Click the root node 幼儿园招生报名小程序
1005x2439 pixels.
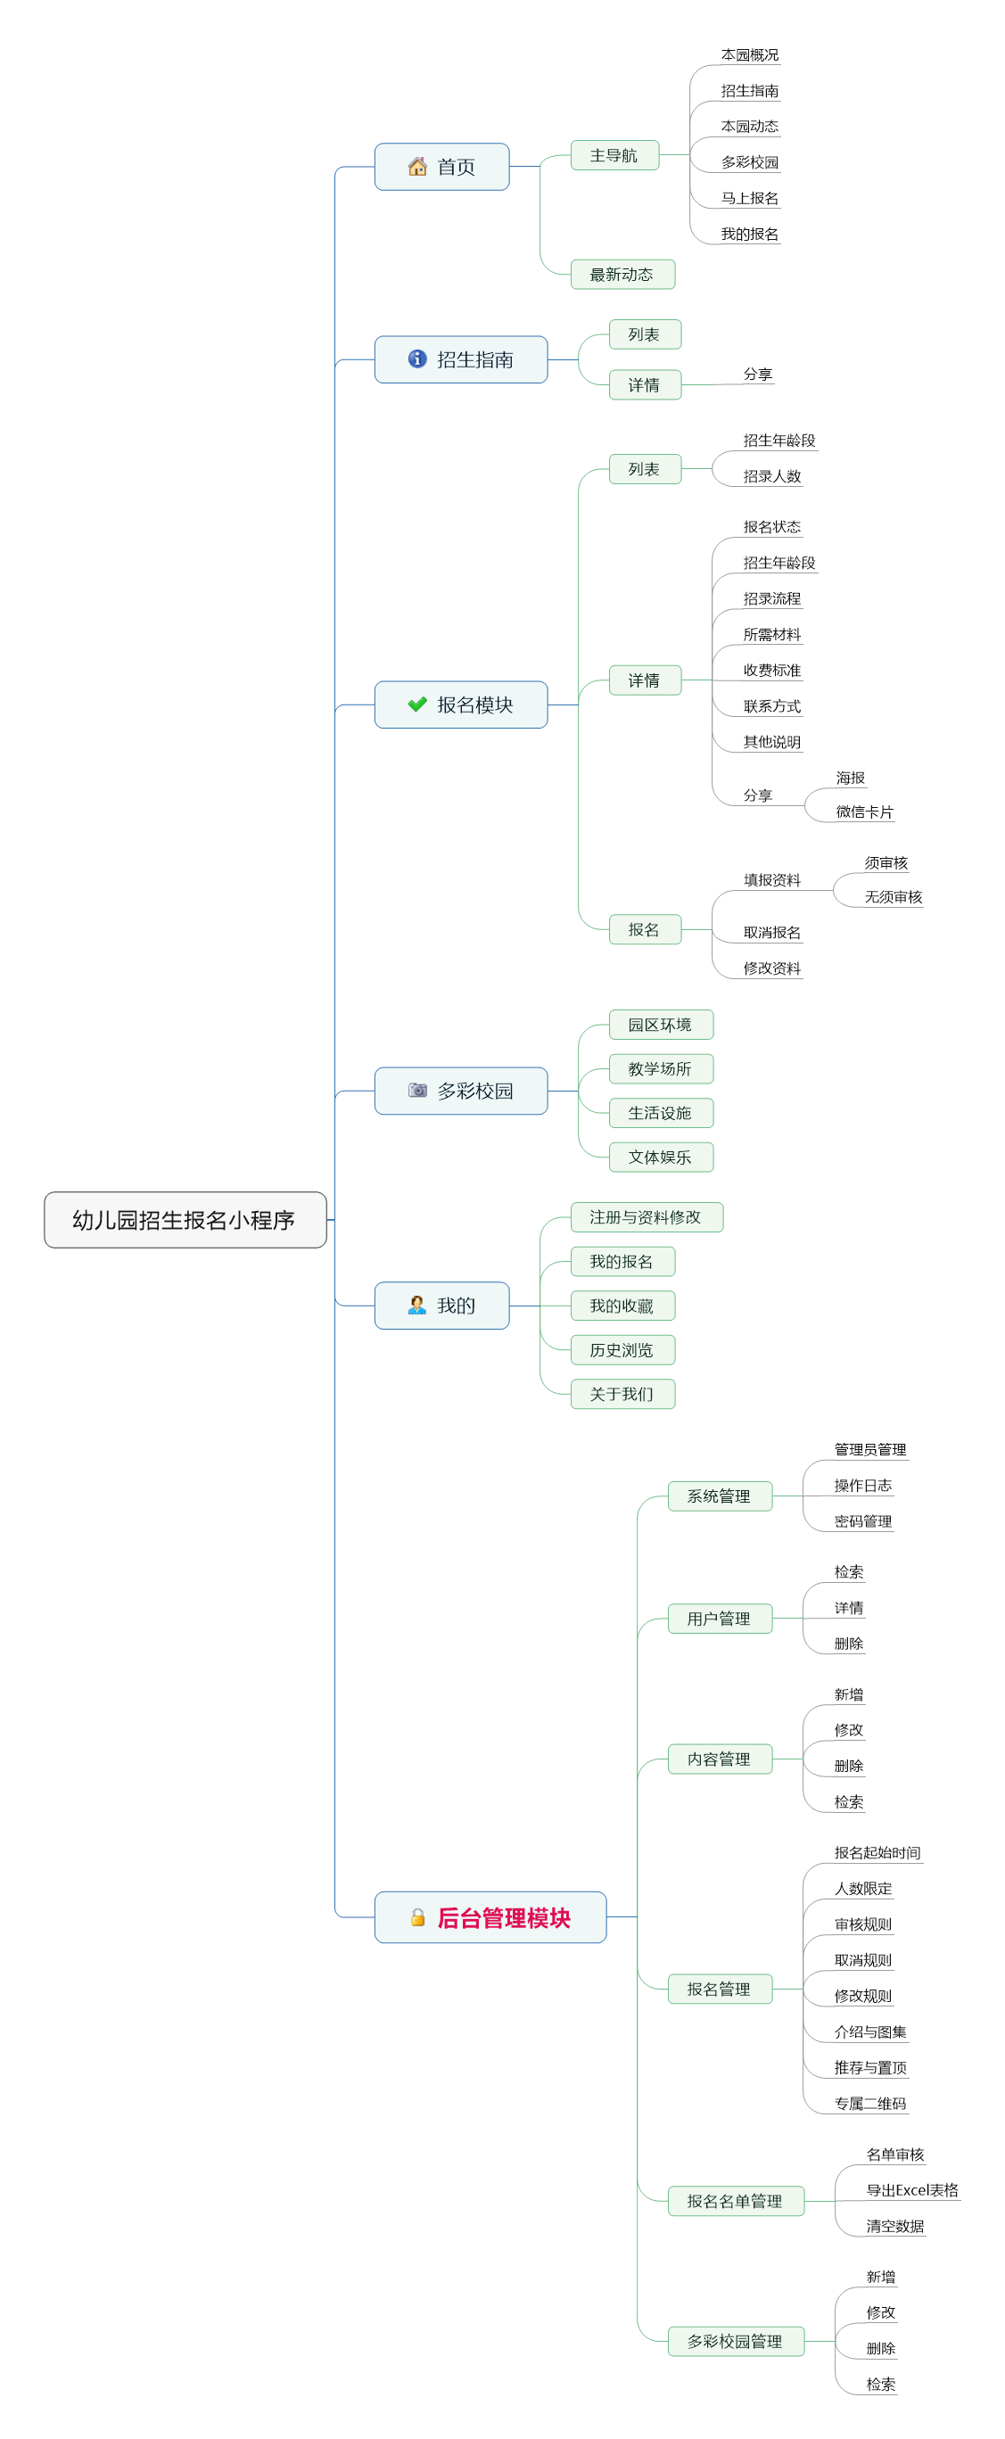185,1220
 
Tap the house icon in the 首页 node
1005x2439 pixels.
417,167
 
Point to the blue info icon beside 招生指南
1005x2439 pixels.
417,358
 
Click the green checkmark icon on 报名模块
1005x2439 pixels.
417,705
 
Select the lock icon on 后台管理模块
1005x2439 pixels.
417,1917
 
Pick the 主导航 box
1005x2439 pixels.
614,155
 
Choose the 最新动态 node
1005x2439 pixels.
622,275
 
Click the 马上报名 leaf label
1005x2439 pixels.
749,198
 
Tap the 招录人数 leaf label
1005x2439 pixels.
772,476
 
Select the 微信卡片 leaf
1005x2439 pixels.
865,812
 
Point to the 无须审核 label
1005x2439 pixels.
894,896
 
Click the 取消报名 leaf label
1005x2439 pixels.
772,933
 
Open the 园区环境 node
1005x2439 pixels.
660,1025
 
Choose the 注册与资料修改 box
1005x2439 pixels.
647,1217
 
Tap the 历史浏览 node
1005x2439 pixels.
622,1350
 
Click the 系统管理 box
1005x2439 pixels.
720,1496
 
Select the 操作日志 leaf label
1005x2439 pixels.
863,1486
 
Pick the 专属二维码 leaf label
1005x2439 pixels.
870,2104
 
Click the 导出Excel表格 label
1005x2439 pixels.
912,2190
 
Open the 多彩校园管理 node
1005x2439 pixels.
736,2342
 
